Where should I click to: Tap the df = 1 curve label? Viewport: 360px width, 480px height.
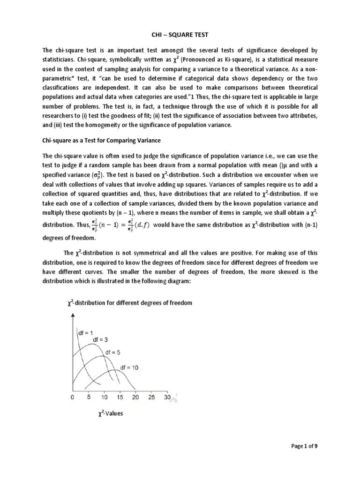(85, 333)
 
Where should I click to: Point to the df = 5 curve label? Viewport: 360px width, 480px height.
(117, 352)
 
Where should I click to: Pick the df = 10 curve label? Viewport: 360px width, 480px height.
(129, 367)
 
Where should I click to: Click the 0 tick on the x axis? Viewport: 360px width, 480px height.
(72, 397)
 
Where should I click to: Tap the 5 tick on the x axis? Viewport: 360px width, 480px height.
(88, 397)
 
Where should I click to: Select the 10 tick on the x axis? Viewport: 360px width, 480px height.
(104, 397)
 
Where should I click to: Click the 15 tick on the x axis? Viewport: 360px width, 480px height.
(120, 397)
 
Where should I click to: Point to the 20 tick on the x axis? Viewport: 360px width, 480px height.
(135, 397)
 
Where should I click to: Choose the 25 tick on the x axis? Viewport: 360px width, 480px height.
(151, 397)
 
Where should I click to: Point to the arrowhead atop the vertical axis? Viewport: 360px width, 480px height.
(72, 317)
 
